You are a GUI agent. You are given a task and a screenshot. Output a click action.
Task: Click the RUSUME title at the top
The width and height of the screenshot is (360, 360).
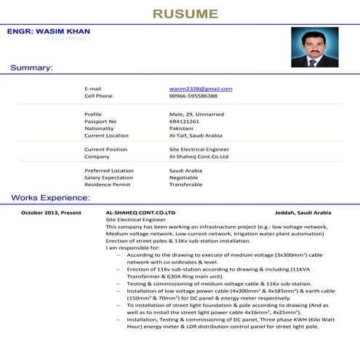coord(185,13)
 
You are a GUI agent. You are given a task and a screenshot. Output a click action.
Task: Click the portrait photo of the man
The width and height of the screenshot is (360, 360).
coord(314,47)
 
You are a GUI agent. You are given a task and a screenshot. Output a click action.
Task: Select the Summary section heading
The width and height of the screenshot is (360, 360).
coord(31,68)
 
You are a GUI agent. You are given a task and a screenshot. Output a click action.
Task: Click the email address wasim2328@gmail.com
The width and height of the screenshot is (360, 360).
coord(201,89)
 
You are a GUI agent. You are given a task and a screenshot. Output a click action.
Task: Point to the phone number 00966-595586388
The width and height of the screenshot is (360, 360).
coord(193,96)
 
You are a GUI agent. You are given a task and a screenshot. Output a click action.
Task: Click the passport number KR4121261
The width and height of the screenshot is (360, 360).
coord(184,121)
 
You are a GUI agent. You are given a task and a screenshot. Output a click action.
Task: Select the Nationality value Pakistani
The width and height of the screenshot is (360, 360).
coord(181,128)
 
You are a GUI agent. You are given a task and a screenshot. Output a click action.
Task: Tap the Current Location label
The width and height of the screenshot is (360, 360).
coord(106,135)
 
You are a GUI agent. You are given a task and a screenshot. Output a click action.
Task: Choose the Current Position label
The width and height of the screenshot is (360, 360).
coord(105,149)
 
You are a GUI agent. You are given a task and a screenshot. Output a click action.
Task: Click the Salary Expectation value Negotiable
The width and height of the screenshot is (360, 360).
coord(183,177)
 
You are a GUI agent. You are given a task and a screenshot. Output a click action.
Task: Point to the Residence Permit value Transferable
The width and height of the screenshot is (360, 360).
coord(185,185)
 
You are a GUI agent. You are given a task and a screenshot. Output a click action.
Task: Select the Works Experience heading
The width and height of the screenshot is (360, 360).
coord(50,198)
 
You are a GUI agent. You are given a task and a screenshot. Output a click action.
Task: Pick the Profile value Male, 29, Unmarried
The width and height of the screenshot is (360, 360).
coord(196,114)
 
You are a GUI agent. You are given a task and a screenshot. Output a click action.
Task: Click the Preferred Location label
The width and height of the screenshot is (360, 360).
coord(109,171)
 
